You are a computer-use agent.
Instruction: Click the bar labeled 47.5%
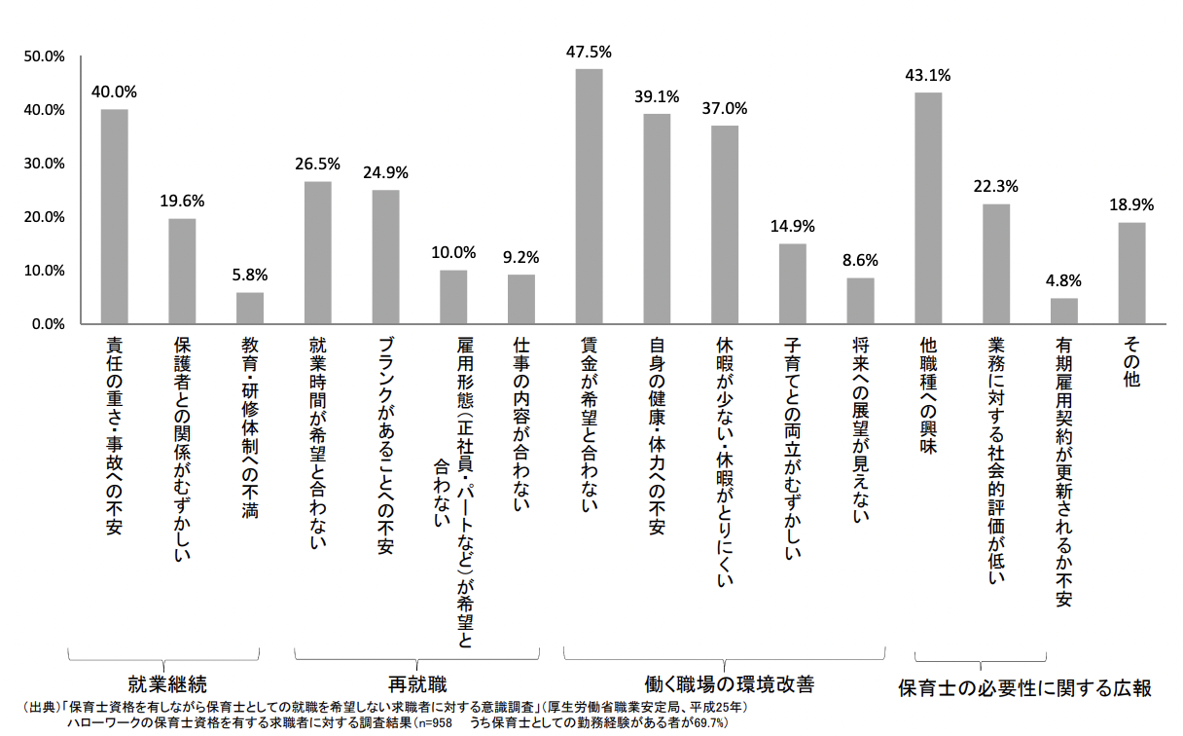click(x=590, y=196)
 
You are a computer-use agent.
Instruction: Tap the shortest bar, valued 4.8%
click(x=1064, y=311)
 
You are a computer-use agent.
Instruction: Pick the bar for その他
click(x=1131, y=273)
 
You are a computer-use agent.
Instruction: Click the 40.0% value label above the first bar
click(x=114, y=92)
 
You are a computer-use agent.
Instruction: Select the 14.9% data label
click(x=793, y=227)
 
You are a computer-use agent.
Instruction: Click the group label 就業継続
click(x=167, y=682)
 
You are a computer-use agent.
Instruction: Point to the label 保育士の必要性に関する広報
click(x=1024, y=688)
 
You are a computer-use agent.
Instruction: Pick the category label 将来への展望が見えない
click(x=860, y=428)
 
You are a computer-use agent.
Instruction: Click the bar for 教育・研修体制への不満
click(x=250, y=308)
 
